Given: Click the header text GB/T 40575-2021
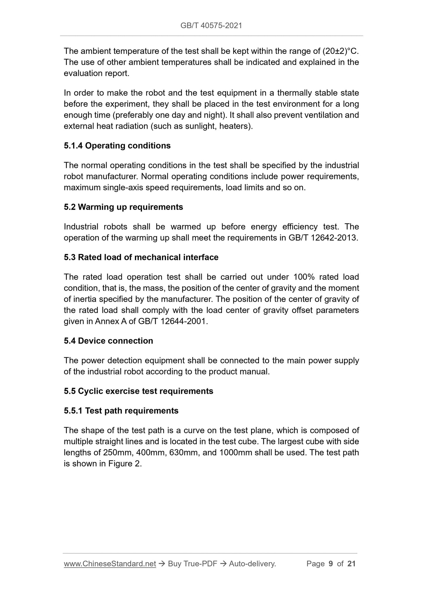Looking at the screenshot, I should [x=211, y=26].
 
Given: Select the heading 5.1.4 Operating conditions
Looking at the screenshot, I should [x=117, y=146].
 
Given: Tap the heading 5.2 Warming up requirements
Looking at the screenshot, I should [x=123, y=207].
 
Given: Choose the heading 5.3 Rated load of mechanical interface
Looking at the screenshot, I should [x=141, y=257].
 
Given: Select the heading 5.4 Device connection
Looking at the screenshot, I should [x=108, y=341].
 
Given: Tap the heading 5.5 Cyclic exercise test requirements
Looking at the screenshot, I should [x=138, y=391].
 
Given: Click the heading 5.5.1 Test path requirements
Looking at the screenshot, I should [x=121, y=411].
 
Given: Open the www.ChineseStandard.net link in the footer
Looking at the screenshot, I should [x=110, y=564].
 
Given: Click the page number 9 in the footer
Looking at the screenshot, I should [x=331, y=564].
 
